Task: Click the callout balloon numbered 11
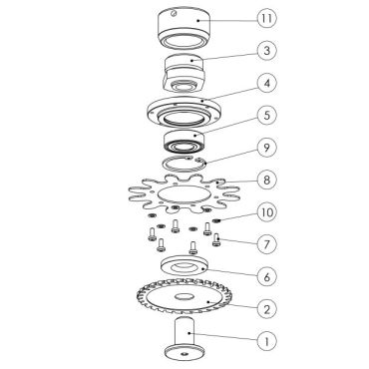point(266,19)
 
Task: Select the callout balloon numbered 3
point(266,51)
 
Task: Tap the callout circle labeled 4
point(266,83)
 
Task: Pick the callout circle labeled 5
point(266,116)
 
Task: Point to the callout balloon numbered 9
point(266,148)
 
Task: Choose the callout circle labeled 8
point(266,180)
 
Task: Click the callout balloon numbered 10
point(266,212)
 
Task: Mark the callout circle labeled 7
point(266,244)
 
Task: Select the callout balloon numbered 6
point(266,276)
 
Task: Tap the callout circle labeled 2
point(266,309)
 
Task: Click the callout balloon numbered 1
point(266,341)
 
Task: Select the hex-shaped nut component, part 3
point(184,73)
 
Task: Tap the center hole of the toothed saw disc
point(184,296)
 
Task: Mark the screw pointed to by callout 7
point(216,240)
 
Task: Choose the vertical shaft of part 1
point(184,332)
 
